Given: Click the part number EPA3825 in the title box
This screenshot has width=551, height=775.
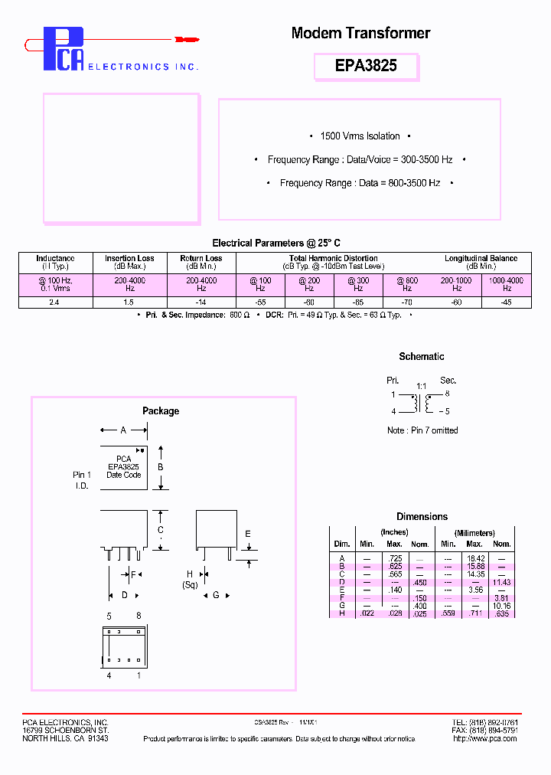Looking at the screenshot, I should click(366, 66).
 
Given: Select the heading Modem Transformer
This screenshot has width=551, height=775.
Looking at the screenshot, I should click(360, 33).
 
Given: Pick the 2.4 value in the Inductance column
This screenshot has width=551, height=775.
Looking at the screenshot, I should click(55, 302).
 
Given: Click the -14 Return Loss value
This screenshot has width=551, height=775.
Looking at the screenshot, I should click(201, 302).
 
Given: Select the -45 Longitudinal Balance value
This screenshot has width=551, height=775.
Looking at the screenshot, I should click(507, 302).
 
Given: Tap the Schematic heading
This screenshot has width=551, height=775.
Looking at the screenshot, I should click(421, 357).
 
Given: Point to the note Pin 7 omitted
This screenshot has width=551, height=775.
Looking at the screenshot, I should click(422, 430).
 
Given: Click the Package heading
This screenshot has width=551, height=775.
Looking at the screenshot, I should click(161, 411).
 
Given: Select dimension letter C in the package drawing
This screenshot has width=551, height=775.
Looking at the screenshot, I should click(160, 530).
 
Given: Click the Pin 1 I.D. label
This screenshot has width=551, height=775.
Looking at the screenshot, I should click(83, 480).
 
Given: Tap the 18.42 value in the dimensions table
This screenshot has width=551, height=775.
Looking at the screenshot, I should click(476, 558).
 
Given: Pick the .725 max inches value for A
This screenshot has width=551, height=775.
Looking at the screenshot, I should click(394, 558).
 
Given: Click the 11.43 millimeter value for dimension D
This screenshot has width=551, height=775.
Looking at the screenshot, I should click(501, 582).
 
